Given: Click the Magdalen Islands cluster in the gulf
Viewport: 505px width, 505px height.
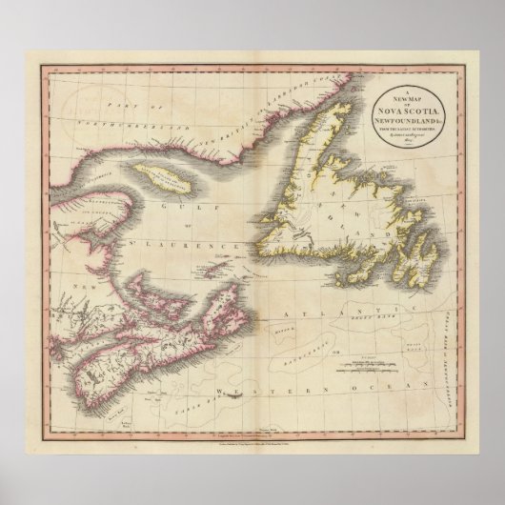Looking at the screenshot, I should point(221,261).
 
